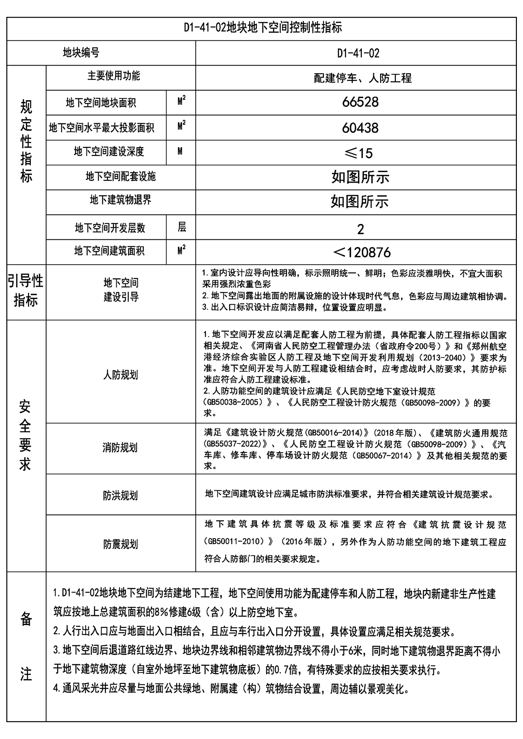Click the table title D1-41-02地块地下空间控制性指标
click(262, 28)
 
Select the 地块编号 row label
click(81, 53)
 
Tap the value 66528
click(360, 102)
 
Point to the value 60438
click(360, 128)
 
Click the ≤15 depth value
click(358, 153)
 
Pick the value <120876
click(361, 253)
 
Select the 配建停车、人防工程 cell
click(363, 78)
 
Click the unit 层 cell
click(181, 227)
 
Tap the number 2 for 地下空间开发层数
click(360, 229)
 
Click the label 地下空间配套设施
click(120, 177)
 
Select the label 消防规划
click(120, 448)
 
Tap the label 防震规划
click(120, 545)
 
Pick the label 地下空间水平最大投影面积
click(101, 128)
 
